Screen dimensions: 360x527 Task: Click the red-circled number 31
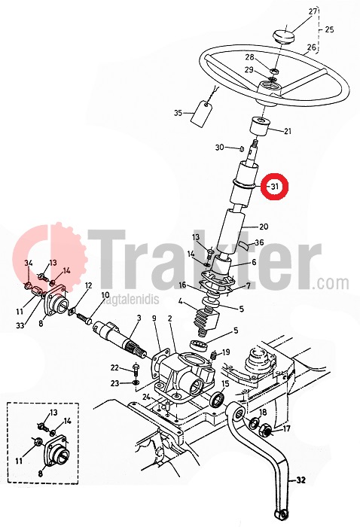275,186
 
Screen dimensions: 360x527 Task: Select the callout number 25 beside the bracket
329,29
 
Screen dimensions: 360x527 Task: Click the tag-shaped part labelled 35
201,114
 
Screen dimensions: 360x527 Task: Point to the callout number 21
288,131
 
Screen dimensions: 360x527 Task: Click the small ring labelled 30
242,148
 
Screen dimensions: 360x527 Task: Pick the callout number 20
264,227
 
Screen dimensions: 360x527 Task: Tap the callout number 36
259,242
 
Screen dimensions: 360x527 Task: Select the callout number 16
182,285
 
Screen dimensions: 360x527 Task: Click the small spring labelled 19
213,355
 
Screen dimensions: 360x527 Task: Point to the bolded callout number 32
301,480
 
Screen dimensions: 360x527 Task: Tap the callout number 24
146,397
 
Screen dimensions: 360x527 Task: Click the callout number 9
154,318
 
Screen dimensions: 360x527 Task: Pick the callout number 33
20,325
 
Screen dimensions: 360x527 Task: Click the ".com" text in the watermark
331,284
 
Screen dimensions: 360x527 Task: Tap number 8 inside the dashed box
41,474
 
